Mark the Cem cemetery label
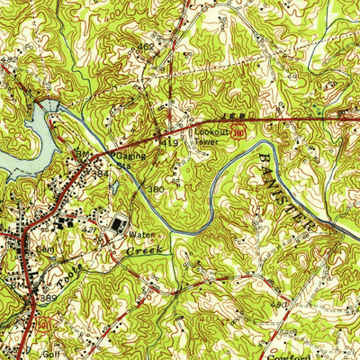point(44,247)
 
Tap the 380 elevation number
point(156,190)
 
